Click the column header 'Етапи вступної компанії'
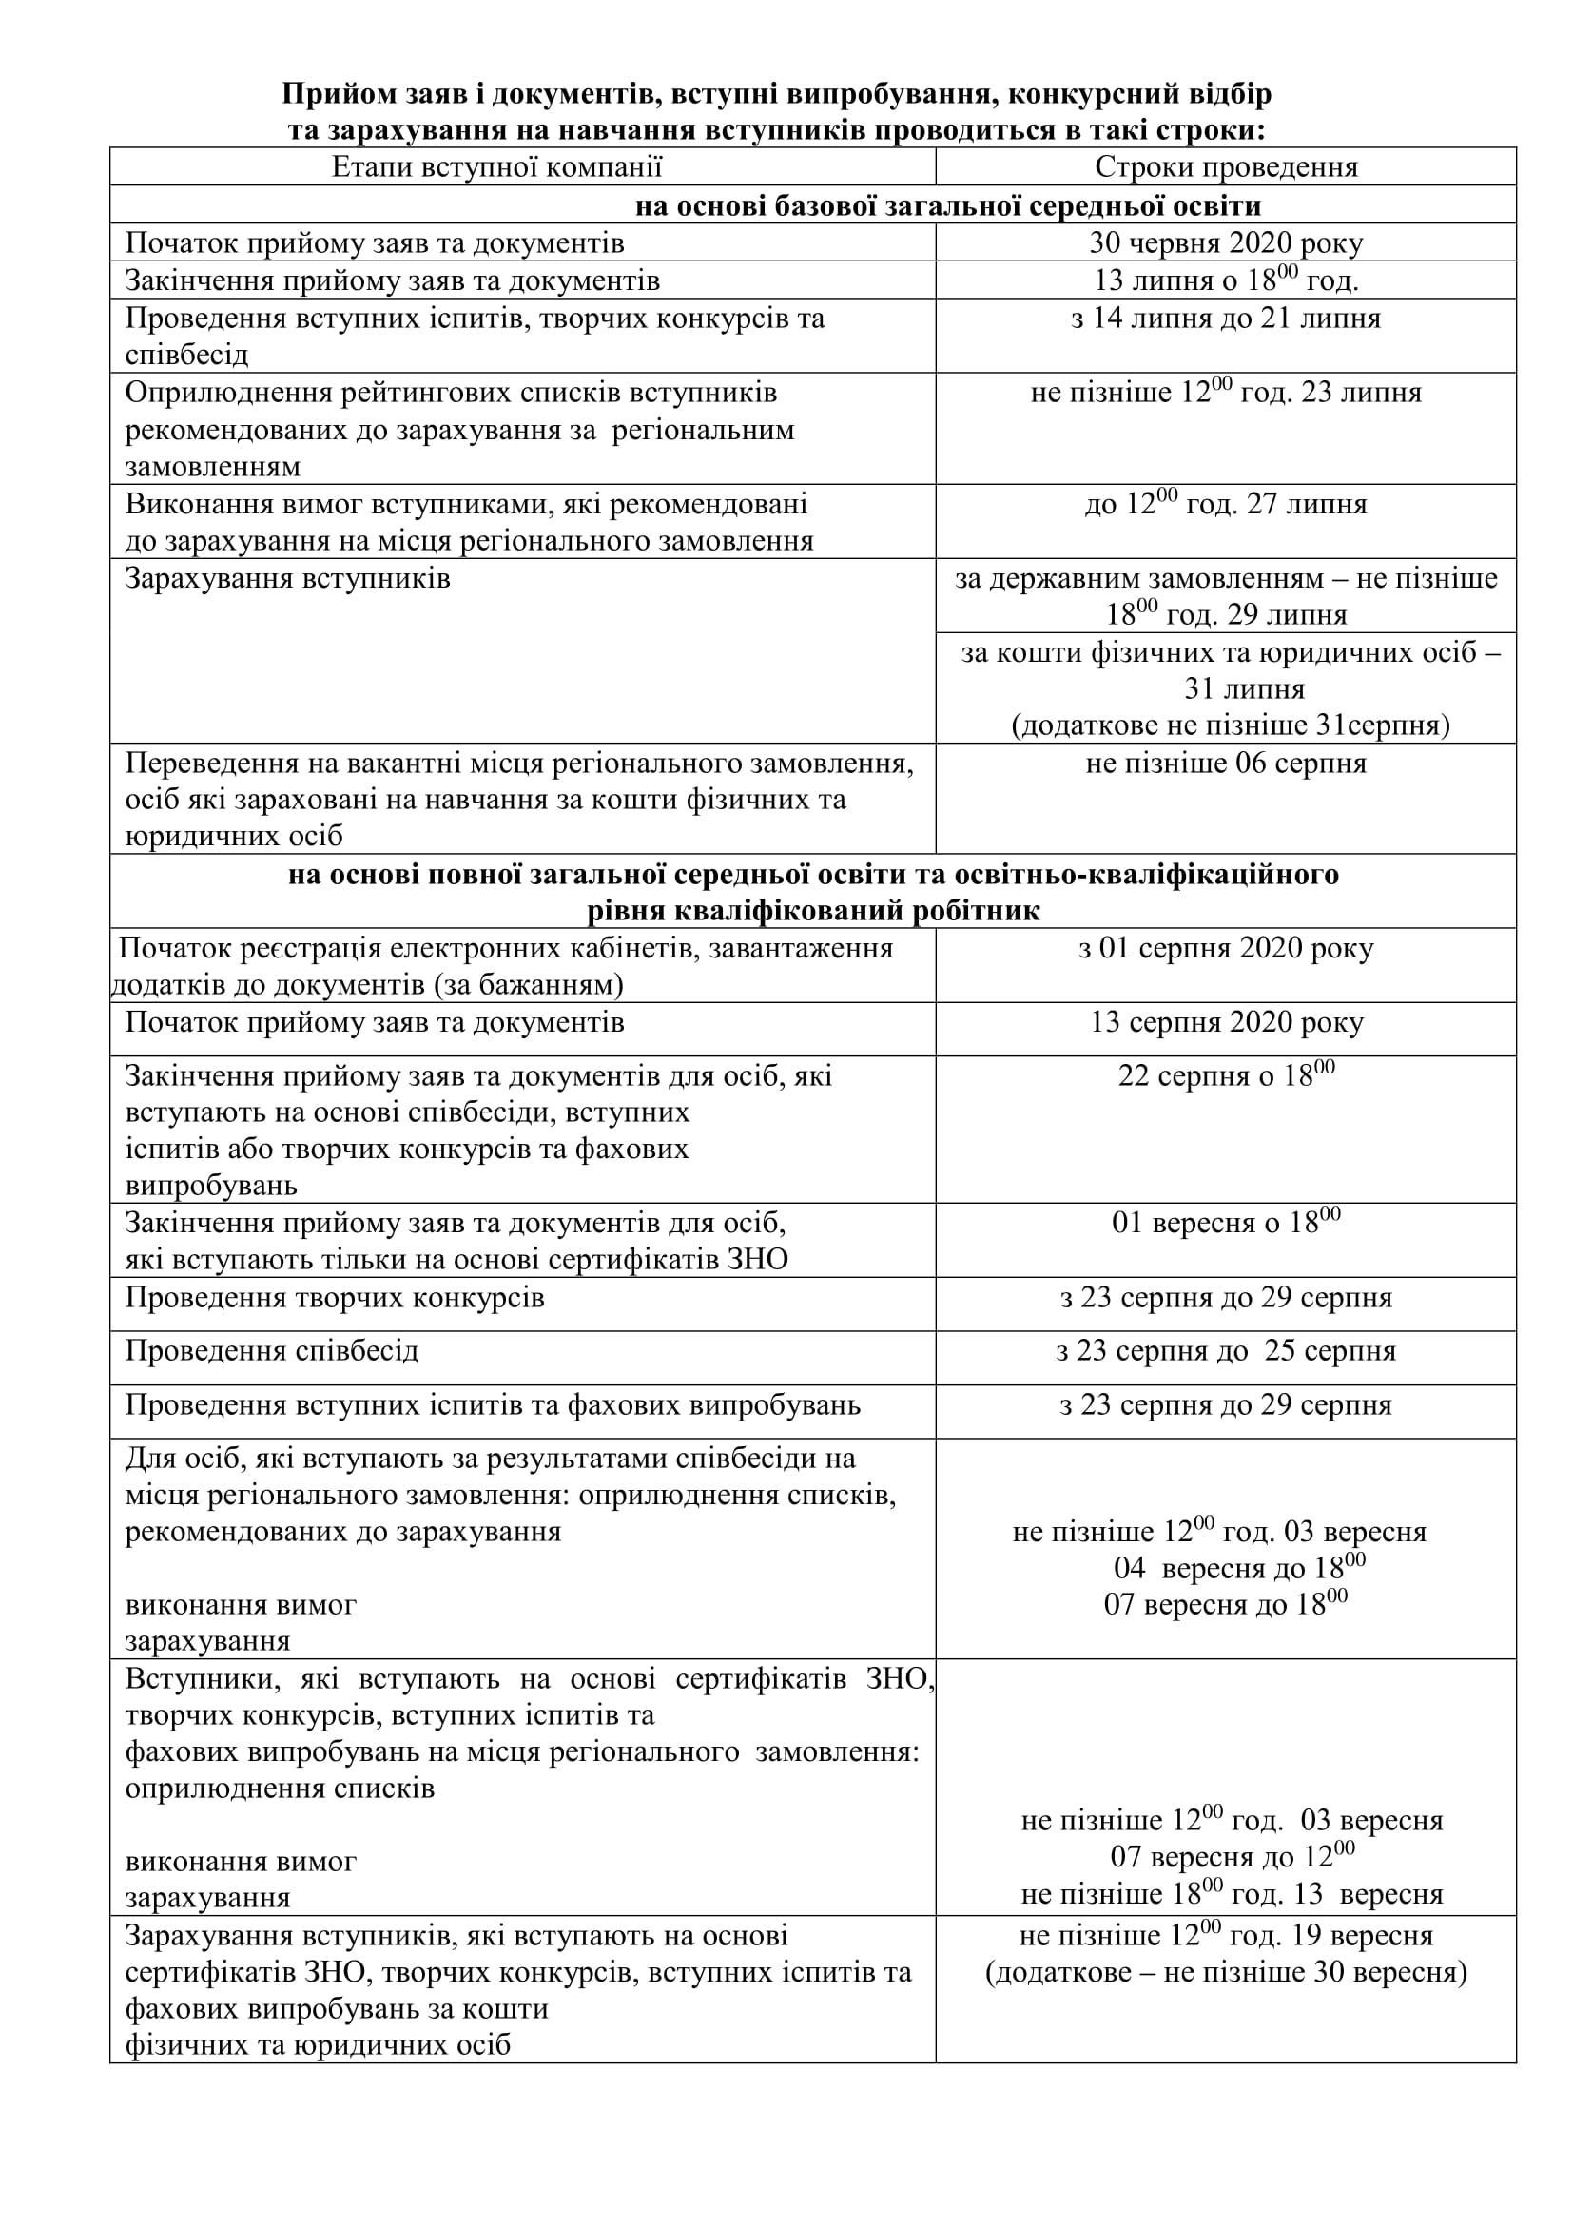[x=496, y=167]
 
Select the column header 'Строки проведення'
[x=1226, y=167]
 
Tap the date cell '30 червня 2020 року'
[x=1226, y=243]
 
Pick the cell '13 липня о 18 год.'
[x=1226, y=280]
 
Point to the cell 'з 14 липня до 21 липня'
[x=1226, y=319]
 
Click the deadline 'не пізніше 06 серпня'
[x=1226, y=764]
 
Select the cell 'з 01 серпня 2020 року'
[x=1226, y=948]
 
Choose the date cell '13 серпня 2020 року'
[x=1226, y=1023]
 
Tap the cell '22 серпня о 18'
[x=1226, y=1076]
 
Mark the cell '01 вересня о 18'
[x=1226, y=1224]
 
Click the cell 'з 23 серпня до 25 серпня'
[x=1226, y=1351]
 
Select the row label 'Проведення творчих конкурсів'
[x=335, y=1298]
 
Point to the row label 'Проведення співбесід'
[x=272, y=1351]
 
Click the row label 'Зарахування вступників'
[x=287, y=579]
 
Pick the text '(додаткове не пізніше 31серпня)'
[x=1230, y=725]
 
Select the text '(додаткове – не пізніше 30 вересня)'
[x=1226, y=1972]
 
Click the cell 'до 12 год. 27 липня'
[x=1226, y=505]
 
